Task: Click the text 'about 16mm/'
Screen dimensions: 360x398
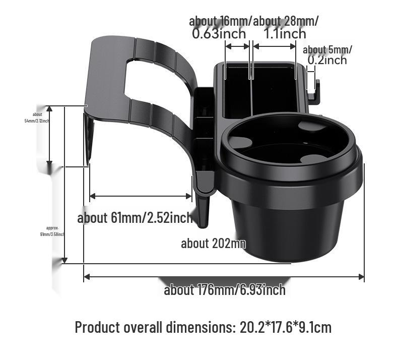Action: pos(220,21)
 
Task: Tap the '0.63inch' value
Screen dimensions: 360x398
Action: pos(219,34)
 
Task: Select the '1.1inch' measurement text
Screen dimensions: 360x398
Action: pos(285,34)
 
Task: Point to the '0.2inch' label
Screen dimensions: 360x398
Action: pos(327,60)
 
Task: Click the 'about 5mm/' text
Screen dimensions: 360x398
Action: pos(327,49)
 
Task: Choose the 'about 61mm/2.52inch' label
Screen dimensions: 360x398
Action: pos(135,218)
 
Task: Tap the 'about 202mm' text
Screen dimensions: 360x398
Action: pos(213,244)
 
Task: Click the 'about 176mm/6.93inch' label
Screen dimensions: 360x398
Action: pos(225,290)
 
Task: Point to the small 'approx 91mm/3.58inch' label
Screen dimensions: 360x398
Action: pos(52,231)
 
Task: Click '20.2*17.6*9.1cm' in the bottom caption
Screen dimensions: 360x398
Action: pos(286,327)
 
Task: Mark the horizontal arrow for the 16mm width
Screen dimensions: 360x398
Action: pos(237,46)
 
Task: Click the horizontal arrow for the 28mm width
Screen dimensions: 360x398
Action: pos(274,46)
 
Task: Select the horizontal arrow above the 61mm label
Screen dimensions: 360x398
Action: pos(141,196)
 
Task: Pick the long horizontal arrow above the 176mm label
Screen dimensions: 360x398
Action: pos(224,276)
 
